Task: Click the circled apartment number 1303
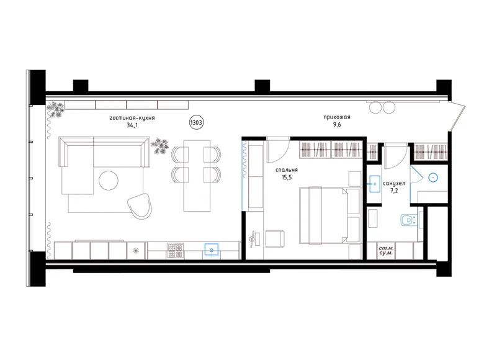(x=196, y=123)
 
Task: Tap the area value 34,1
(x=132, y=125)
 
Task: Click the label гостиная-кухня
(x=132, y=117)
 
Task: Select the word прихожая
(x=337, y=117)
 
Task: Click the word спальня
(x=287, y=169)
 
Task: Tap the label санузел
(x=395, y=184)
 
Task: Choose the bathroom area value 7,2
(x=395, y=192)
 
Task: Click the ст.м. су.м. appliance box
(x=388, y=251)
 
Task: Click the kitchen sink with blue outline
(x=212, y=250)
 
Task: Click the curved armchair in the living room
(x=141, y=205)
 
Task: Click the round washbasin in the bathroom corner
(x=434, y=178)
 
